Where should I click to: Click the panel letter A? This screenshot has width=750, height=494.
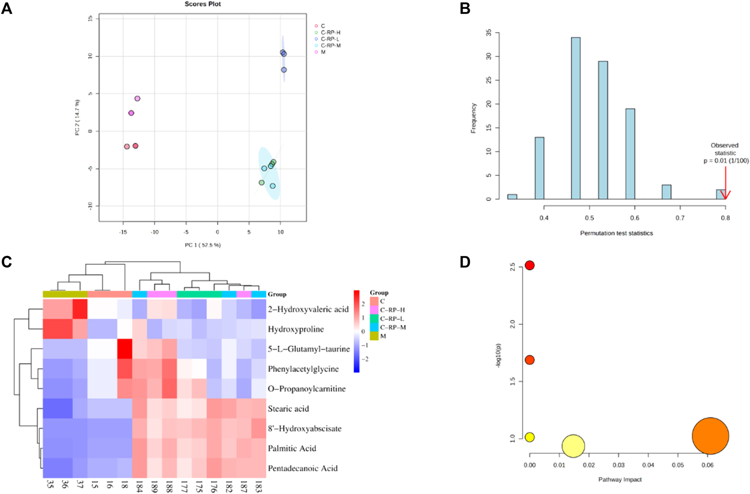pyautogui.click(x=7, y=8)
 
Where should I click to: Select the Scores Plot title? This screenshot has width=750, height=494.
pyautogui.click(x=203, y=4)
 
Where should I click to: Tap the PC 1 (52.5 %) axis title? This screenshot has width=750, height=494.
pyautogui.click(x=203, y=245)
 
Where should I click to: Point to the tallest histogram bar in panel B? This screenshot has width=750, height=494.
pyautogui.click(x=576, y=118)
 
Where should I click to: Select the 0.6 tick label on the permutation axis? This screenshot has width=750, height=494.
pyautogui.click(x=635, y=218)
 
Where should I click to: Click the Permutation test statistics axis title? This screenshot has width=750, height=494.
pyautogui.click(x=616, y=233)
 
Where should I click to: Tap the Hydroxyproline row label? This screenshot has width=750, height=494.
pyautogui.click(x=296, y=329)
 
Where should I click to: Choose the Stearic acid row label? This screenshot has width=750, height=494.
pyautogui.click(x=288, y=409)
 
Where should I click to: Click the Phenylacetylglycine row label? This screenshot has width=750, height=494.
pyautogui.click(x=303, y=369)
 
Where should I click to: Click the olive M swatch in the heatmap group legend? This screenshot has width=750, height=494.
pyautogui.click(x=374, y=336)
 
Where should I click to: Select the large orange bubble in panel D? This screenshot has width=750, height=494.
pyautogui.click(x=710, y=436)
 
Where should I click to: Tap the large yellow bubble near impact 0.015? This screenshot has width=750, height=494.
pyautogui.click(x=573, y=446)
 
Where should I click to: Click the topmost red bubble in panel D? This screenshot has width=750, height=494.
pyautogui.click(x=529, y=265)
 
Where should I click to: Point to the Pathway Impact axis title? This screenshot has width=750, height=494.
pyautogui.click(x=620, y=480)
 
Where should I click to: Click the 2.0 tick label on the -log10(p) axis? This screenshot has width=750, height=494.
pyautogui.click(x=513, y=324)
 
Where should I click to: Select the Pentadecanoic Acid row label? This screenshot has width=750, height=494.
pyautogui.click(x=303, y=468)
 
